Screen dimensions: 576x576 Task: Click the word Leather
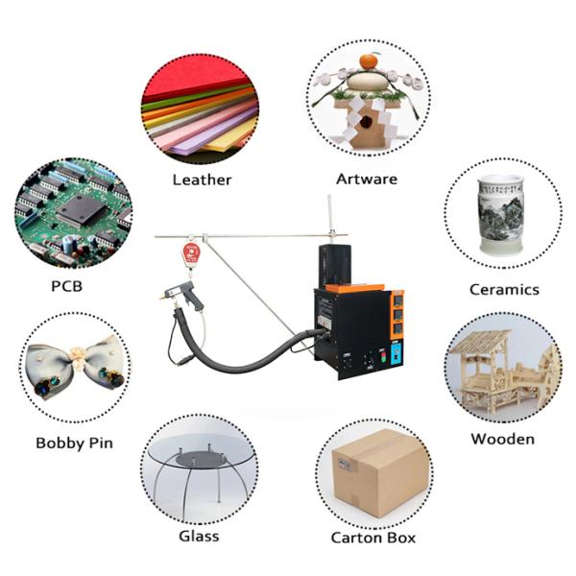(x=202, y=180)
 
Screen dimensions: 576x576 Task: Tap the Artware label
(x=366, y=179)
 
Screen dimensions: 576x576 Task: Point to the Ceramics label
(x=504, y=289)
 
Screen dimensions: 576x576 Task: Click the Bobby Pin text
(x=74, y=443)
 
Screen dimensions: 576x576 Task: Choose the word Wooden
(x=502, y=439)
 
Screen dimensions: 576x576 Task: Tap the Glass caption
(x=199, y=536)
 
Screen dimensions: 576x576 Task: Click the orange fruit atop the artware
(x=369, y=61)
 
